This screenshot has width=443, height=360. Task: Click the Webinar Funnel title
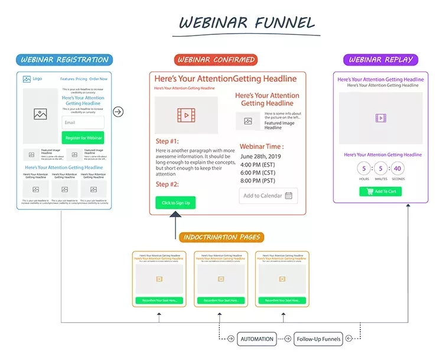tap(247, 24)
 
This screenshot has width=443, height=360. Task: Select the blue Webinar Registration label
tap(65, 60)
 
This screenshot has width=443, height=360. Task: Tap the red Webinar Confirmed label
tap(216, 60)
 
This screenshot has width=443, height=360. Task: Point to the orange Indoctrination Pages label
tap(221, 237)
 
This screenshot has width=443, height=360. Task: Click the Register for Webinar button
tap(83, 138)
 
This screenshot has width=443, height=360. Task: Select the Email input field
tap(83, 122)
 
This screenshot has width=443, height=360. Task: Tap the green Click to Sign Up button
tap(175, 203)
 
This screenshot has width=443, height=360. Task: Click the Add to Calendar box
tap(268, 196)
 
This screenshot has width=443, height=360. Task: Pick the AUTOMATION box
tap(257, 339)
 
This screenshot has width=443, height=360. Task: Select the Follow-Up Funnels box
tap(318, 339)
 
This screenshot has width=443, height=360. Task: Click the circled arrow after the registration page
tap(118, 112)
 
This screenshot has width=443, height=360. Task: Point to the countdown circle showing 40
tap(397, 168)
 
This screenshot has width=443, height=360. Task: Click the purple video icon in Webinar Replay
tap(380, 118)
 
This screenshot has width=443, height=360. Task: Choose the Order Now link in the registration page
tap(98, 79)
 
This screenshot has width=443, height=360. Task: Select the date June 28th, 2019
tap(262, 156)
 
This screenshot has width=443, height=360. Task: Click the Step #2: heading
tap(167, 184)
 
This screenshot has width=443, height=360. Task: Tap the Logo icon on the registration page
tap(27, 79)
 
